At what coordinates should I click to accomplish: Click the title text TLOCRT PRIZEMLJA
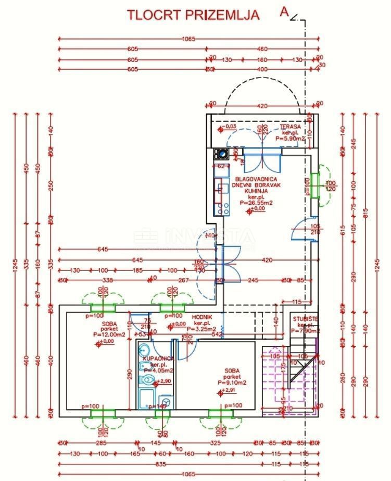(193, 15)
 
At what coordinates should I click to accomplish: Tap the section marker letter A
(284, 12)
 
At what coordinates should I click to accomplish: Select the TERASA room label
(290, 127)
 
